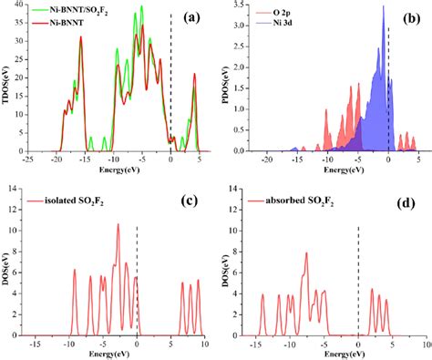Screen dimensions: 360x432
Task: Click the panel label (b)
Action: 404,18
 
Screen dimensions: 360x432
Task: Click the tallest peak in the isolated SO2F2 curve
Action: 117,225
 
